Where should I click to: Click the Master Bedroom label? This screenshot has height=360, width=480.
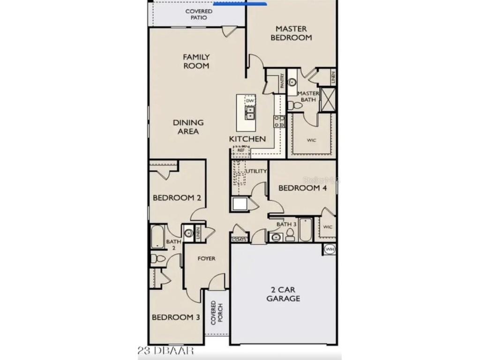[291, 33]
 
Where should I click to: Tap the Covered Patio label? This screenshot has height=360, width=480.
[199, 15]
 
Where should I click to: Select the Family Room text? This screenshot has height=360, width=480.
[196, 61]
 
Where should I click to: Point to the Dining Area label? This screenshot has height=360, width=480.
[188, 127]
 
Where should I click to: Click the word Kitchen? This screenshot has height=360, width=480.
[247, 139]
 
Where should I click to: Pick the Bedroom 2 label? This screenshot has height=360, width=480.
[177, 198]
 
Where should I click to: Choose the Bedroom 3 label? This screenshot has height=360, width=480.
[176, 317]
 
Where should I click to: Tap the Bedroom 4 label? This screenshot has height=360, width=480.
[302, 188]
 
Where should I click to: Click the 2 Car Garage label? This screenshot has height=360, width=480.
[283, 294]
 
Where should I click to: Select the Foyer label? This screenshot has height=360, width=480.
[206, 258]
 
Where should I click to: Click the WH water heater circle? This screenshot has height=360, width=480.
[330, 249]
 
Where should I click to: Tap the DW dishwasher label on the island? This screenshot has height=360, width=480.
[250, 101]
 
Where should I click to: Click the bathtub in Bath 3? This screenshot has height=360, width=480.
[306, 230]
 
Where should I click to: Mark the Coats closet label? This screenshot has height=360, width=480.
[239, 240]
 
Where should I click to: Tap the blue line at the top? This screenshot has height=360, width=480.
[240, 4]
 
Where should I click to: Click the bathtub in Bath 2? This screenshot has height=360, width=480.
[157, 237]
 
